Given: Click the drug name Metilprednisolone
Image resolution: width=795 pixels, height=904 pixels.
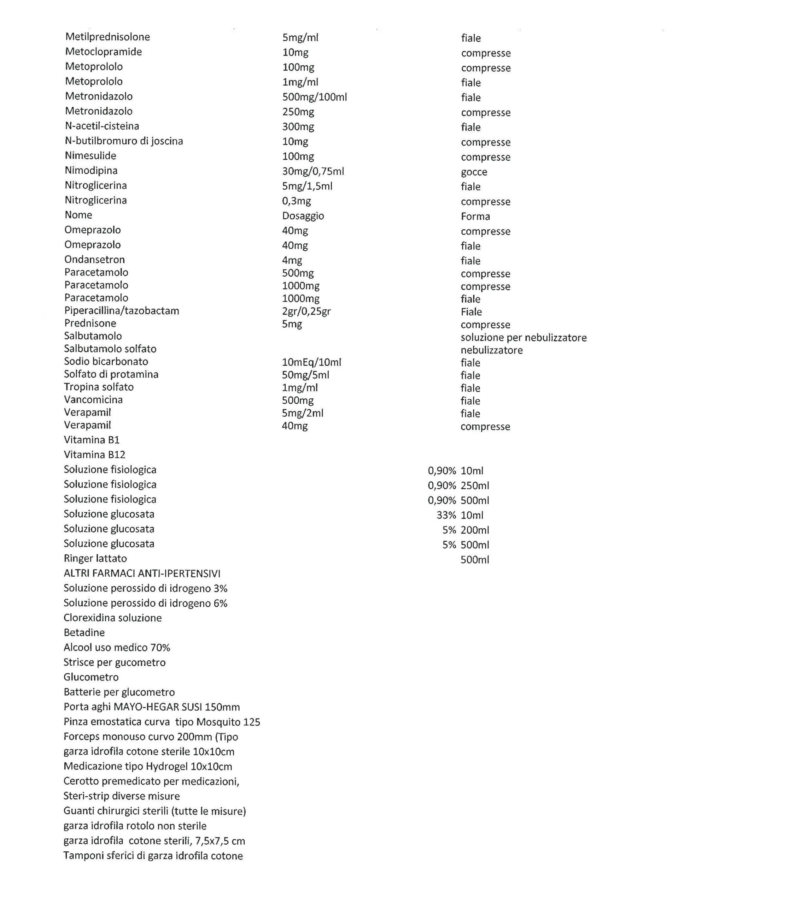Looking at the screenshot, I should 107,37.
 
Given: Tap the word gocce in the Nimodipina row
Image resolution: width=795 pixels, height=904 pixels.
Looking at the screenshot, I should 474,172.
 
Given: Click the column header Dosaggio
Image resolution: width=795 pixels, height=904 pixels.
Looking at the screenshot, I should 303,216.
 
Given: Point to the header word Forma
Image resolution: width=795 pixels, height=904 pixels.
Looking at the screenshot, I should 475,216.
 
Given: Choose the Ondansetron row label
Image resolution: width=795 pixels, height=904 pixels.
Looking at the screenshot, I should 94,260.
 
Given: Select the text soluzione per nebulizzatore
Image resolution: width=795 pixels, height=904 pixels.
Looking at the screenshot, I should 523,338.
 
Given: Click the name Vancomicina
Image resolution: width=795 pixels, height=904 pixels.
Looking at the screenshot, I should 93,399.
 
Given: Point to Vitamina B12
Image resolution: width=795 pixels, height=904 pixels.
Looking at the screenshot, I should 94,455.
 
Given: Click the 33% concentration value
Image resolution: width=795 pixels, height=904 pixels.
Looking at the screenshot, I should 446,515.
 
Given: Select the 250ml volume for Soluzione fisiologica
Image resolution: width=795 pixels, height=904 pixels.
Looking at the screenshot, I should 474,486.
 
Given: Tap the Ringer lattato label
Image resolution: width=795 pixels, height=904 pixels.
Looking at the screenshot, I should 95,558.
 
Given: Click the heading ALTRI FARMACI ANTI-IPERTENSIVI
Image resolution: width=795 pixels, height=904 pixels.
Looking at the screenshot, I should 142,573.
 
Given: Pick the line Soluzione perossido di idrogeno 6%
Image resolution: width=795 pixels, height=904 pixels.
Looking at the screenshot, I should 145,603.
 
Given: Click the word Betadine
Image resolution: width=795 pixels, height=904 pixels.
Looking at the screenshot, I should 84,632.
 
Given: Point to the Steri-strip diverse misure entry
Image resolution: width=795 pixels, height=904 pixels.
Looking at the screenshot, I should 121,796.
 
